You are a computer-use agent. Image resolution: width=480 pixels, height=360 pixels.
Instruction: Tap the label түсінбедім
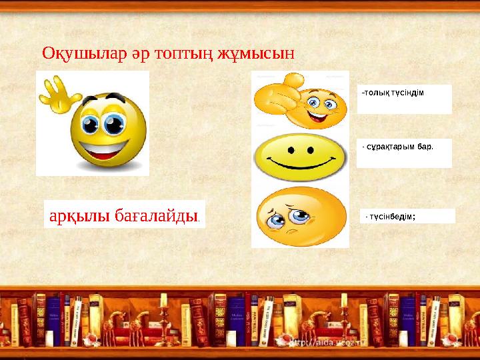[393, 216]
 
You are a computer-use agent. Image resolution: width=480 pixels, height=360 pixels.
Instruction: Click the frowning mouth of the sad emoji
[289, 233]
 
